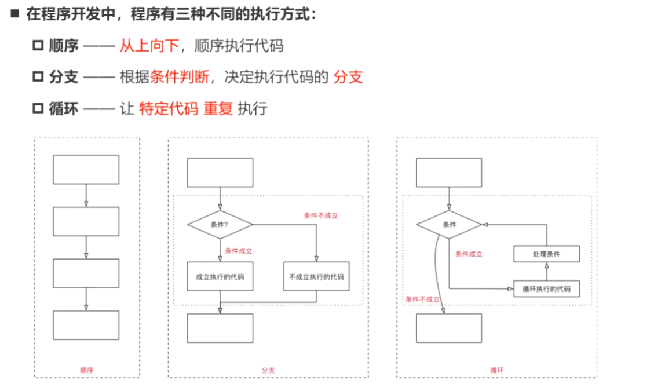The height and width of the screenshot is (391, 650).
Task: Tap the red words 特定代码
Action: (169, 108)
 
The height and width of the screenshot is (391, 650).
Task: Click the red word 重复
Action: (218, 108)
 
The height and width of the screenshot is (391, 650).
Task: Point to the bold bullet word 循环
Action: (64, 108)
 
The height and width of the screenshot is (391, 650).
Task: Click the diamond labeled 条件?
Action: (220, 224)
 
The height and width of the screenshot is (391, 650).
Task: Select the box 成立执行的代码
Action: (220, 277)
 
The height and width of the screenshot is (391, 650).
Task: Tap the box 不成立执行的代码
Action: (316, 277)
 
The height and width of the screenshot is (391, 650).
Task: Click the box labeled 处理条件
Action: (547, 254)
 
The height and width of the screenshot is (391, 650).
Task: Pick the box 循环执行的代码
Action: (547, 288)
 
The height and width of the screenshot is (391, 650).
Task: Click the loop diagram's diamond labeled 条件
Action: (449, 224)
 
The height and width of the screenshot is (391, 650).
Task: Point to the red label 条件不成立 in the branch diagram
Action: (320, 215)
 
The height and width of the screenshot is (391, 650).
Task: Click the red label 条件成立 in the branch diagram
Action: (239, 251)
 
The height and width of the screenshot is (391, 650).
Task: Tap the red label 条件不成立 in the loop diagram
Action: (422, 299)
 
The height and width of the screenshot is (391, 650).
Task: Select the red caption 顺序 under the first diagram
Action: (86, 370)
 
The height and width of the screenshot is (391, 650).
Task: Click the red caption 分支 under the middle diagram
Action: (268, 370)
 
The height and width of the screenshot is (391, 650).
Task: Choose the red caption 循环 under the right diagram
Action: (496, 370)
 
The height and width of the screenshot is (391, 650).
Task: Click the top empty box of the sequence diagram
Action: (86, 169)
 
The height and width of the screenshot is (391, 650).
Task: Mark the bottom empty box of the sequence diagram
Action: (86, 325)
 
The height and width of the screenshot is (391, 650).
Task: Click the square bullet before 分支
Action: (38, 76)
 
